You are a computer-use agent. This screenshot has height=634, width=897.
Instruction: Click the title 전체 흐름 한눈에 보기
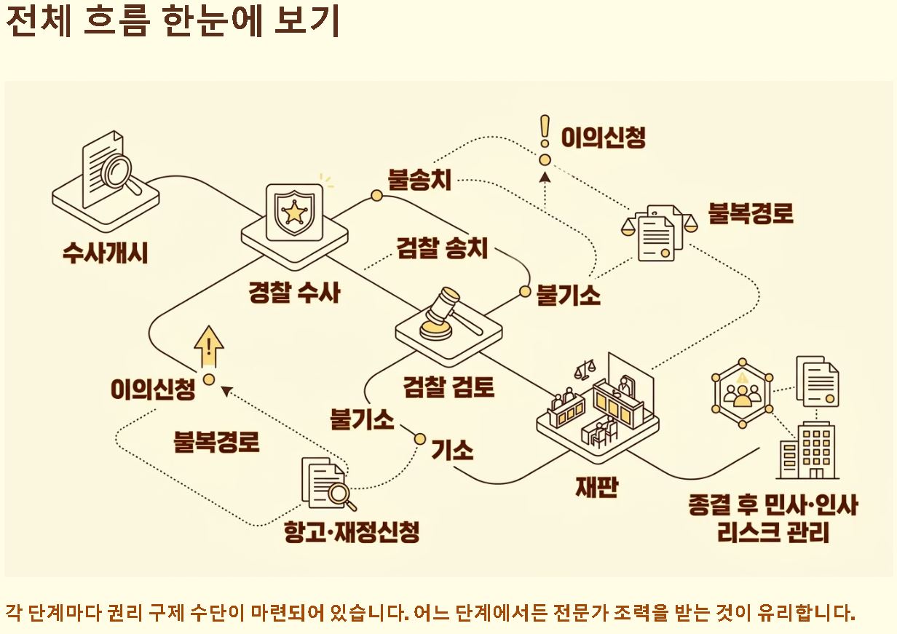(x=173, y=22)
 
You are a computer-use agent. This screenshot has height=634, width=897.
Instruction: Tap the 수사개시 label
(x=105, y=253)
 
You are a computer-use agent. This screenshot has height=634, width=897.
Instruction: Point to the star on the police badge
(x=295, y=212)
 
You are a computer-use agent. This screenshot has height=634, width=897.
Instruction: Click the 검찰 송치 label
(x=442, y=248)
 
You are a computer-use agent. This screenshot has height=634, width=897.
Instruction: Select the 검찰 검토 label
(x=449, y=386)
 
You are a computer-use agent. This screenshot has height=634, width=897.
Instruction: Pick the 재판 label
(x=596, y=486)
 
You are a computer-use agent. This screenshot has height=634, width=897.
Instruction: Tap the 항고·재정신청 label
(x=352, y=532)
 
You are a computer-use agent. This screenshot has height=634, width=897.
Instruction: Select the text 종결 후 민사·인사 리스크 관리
(x=772, y=518)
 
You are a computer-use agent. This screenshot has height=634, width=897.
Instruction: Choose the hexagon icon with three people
(x=742, y=394)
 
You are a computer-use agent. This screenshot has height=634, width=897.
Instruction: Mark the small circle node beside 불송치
(x=376, y=195)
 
